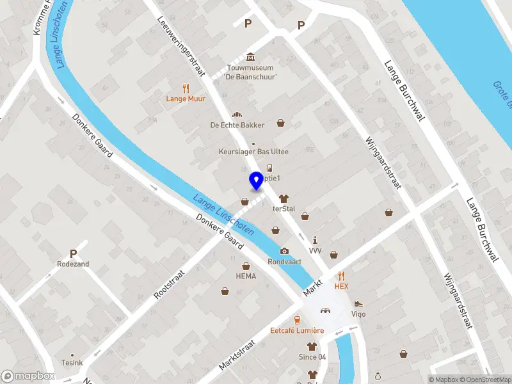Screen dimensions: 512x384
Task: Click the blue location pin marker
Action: coord(257,180)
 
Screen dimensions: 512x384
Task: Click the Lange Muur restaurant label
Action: coord(186,99)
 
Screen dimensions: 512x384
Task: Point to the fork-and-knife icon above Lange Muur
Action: coord(186,88)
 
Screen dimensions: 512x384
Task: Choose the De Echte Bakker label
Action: coord(237,125)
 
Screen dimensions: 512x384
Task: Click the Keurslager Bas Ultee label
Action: coord(253,152)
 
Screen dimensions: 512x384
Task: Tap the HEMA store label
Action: coord(246,276)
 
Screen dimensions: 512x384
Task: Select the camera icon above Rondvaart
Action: coord(284,250)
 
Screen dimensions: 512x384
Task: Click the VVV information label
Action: coord(315,250)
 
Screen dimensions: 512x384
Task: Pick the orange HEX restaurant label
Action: coord(341,286)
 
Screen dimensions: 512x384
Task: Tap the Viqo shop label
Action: coord(358,314)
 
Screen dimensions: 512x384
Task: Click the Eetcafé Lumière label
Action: coord(297,331)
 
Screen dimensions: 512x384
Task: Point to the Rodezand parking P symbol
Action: coord(73,253)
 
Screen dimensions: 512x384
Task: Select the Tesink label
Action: coord(72,363)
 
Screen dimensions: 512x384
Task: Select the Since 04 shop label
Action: coord(312,356)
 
